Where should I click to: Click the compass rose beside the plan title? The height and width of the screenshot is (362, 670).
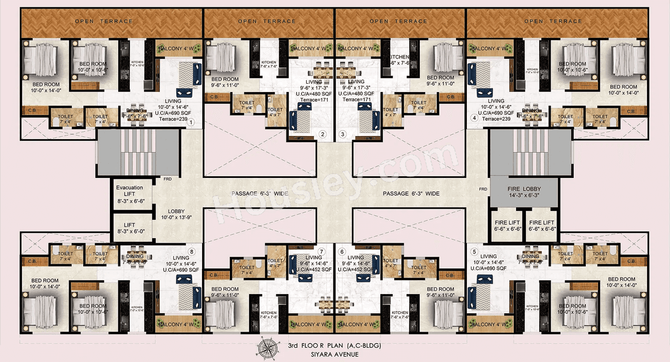271,348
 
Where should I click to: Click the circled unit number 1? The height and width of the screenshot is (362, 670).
192,122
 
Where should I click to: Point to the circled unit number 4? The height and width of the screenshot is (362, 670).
474,118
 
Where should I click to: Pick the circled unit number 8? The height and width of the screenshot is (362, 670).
192,251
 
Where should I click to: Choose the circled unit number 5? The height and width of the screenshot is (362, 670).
474,251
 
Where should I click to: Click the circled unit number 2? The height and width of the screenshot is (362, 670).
323,134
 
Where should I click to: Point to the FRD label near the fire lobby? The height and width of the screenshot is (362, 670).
483,189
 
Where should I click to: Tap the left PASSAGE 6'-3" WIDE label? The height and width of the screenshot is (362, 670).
259,194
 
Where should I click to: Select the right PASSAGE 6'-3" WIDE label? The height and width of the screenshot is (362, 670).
411,194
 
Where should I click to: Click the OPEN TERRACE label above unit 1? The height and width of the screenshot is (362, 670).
104,21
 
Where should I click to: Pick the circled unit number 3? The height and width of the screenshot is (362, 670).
343,134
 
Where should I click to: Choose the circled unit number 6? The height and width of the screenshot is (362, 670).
342,252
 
